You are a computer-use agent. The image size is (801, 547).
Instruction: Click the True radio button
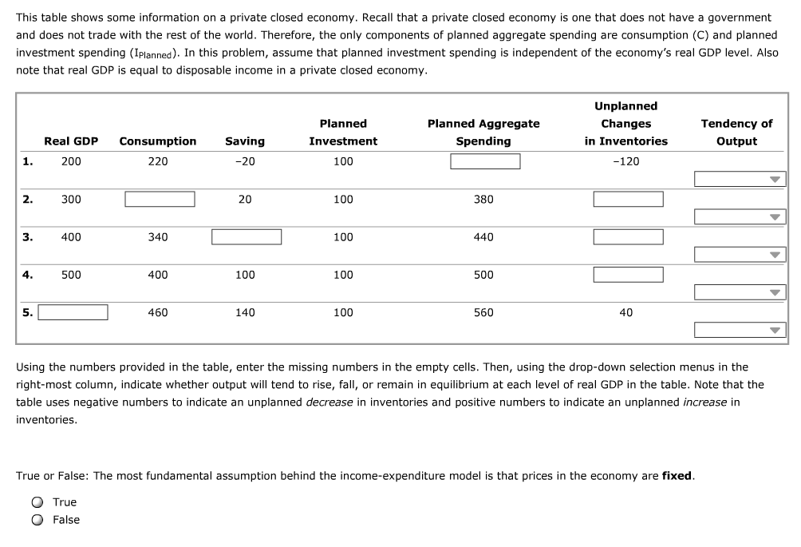click(37, 502)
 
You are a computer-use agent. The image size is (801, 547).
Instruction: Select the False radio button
click(37, 520)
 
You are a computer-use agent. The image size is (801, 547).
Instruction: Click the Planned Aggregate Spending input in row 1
click(485, 161)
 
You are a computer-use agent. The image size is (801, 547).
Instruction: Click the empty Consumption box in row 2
click(160, 199)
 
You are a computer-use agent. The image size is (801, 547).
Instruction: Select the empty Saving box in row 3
click(246, 237)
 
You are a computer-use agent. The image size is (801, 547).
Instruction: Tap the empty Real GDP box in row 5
click(73, 312)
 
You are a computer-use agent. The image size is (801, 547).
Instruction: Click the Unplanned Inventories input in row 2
click(628, 199)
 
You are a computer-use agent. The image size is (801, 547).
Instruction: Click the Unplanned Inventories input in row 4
click(628, 275)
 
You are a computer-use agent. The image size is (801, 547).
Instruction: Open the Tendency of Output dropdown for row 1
click(740, 180)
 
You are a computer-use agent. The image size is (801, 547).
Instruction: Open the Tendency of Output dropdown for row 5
click(740, 330)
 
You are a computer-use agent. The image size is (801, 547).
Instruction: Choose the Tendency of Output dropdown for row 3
click(740, 255)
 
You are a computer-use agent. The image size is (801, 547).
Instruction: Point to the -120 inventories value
click(626, 161)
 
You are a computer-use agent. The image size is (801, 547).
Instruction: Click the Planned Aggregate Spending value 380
click(483, 199)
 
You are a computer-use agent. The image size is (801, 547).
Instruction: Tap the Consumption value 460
click(158, 312)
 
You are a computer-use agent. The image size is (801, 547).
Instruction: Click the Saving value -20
click(245, 161)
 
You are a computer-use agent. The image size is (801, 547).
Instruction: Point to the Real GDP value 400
click(71, 237)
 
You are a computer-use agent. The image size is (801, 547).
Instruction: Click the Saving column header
click(245, 141)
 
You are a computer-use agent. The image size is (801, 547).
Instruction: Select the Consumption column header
click(158, 141)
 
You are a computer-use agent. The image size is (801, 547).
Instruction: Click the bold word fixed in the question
click(677, 476)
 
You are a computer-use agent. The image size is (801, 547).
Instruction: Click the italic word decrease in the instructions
click(329, 402)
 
